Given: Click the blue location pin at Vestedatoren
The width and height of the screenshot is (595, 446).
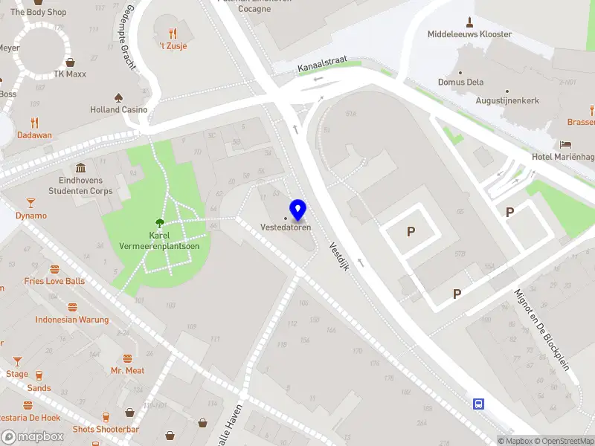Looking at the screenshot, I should (x=298, y=210).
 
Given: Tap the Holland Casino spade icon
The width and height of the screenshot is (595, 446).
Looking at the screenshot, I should (x=118, y=97).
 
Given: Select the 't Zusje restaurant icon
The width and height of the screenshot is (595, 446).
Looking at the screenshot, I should (x=173, y=33).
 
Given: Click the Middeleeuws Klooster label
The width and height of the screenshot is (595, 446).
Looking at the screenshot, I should (x=469, y=34).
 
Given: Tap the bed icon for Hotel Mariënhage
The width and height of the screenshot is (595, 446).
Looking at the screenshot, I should (x=567, y=144).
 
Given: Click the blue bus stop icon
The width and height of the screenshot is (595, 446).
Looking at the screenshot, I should (x=478, y=404).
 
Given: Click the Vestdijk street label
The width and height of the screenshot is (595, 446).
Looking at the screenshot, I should (x=338, y=258).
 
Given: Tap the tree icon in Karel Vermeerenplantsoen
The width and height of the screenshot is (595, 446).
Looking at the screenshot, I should (x=159, y=222).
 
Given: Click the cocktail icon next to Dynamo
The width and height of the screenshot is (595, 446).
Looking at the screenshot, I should (x=30, y=203).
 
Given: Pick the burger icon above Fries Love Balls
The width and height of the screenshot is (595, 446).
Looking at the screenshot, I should (x=54, y=269).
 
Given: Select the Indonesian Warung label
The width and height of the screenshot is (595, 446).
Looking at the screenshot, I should (x=72, y=320).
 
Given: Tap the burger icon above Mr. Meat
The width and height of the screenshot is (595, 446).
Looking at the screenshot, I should (x=127, y=358).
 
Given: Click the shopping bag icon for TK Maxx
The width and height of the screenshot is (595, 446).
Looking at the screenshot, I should (x=70, y=62).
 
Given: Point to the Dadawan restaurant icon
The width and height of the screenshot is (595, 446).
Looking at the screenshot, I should (x=34, y=123).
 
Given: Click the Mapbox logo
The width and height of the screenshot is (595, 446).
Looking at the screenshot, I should (x=33, y=437).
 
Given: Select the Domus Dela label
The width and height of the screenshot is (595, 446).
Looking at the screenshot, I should (x=460, y=82).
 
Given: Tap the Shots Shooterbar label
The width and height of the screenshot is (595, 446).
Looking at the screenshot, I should (x=106, y=430).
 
